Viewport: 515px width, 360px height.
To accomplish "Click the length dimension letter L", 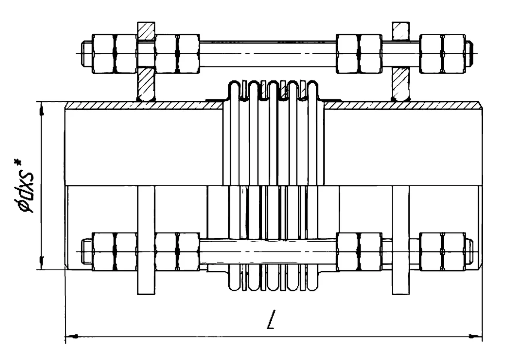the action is [x=271, y=319].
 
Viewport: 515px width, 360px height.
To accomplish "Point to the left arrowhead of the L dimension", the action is [x=72, y=336].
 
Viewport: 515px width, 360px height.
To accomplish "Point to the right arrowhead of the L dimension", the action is [x=476, y=336].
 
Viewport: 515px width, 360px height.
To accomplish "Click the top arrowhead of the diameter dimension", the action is [x=42, y=109].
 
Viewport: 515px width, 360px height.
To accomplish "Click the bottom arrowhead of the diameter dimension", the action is [x=42, y=263].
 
